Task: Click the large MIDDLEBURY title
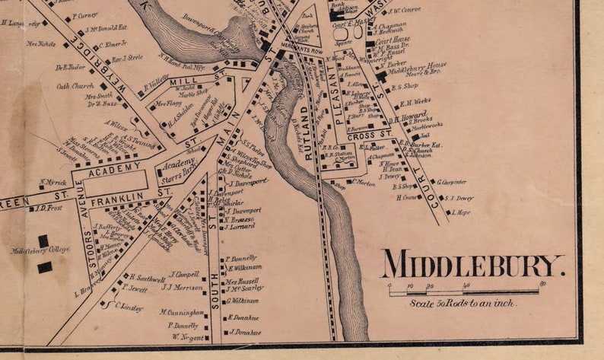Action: click(472, 265)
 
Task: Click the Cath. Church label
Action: click(75, 86)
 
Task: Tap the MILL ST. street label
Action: click(187, 78)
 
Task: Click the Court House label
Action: click(392, 39)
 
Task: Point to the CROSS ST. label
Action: click(376, 134)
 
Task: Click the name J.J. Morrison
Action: click(182, 287)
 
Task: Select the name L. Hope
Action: click(461, 212)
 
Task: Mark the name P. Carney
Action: click(85, 15)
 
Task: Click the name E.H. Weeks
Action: click(415, 100)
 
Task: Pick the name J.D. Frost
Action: click(50, 207)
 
